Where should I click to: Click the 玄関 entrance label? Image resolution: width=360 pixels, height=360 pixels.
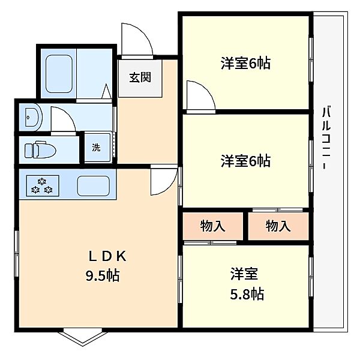140,77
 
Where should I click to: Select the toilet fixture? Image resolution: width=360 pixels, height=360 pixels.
40,150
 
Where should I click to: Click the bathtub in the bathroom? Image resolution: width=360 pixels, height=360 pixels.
59,74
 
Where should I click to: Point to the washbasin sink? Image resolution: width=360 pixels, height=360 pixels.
33,117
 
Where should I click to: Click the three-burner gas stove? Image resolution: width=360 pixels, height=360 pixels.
43,186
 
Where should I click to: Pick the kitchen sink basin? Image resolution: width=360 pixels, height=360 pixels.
93,186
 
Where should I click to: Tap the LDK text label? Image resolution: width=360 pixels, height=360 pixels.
107,256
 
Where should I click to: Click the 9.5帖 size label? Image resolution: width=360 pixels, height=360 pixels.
103,276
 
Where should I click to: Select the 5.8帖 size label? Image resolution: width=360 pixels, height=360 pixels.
247,294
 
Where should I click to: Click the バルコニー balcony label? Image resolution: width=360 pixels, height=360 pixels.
326,137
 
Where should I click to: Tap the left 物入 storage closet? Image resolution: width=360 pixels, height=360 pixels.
213,226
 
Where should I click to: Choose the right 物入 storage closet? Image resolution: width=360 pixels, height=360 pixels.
278,226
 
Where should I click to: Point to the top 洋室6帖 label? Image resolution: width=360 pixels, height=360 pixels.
245,63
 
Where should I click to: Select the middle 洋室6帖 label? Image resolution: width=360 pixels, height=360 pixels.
245,161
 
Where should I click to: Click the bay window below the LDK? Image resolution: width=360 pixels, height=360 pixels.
82,338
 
